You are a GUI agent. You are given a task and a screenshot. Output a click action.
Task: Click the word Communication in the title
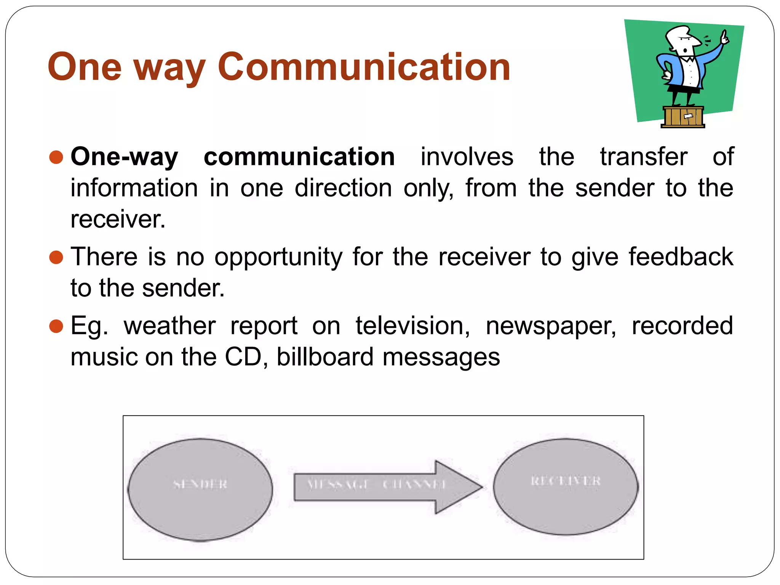click(364, 67)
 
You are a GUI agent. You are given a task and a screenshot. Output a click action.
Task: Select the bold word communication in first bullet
click(299, 157)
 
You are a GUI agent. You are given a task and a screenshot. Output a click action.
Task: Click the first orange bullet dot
click(56, 157)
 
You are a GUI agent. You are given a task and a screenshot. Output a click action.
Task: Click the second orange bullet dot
click(56, 257)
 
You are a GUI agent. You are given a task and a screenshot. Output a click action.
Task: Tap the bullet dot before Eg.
click(56, 326)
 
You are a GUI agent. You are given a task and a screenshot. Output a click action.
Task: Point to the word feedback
click(681, 257)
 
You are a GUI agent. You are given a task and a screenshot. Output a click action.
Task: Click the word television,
click(413, 326)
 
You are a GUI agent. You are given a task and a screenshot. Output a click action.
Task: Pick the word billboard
click(325, 357)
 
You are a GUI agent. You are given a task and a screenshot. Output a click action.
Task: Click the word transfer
click(644, 157)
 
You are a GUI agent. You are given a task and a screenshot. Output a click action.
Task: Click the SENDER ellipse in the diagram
click(200, 489)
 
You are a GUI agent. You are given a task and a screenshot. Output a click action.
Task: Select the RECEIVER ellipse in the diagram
click(566, 486)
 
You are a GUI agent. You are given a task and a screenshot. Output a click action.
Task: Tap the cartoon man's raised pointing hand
click(725, 37)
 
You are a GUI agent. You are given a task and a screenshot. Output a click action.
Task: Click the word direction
click(343, 188)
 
